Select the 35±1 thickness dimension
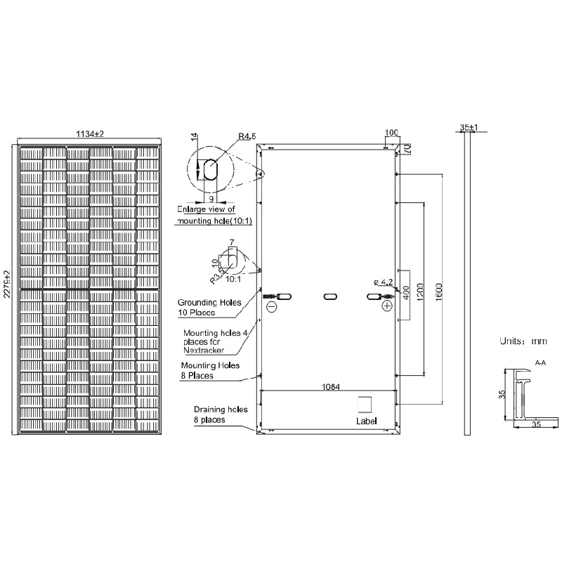(x=469, y=128)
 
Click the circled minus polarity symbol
(x=272, y=307)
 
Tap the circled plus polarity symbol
(x=387, y=307)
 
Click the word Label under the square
(x=366, y=421)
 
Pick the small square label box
(x=365, y=405)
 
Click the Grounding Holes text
(x=209, y=303)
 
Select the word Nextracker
(x=204, y=350)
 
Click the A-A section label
(x=540, y=363)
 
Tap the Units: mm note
(x=523, y=341)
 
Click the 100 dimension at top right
(x=392, y=133)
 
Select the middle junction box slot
(x=330, y=297)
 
